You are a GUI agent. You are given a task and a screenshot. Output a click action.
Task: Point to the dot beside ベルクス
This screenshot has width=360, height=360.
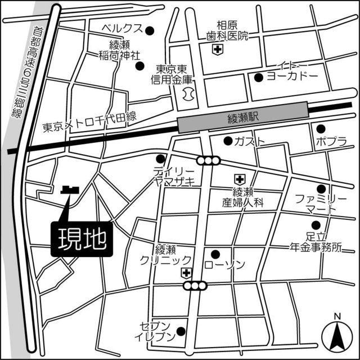(x=150, y=30)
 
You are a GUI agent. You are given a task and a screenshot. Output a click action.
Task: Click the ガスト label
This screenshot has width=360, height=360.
(x=249, y=141)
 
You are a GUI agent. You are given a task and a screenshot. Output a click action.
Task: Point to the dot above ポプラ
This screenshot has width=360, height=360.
(x=320, y=129)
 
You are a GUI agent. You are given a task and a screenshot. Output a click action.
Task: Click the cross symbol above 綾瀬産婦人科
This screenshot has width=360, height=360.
(x=240, y=179)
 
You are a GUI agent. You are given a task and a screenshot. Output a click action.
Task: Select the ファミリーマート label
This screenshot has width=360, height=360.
(x=318, y=204)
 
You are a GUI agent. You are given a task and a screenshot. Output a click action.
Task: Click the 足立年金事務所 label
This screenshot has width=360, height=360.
(x=316, y=241)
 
